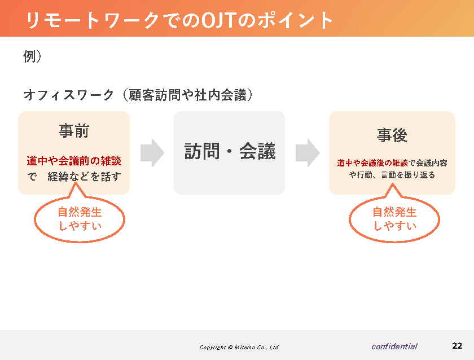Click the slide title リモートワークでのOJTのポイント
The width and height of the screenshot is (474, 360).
179,20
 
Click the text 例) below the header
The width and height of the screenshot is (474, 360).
32,56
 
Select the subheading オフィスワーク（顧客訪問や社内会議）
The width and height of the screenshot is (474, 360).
138,95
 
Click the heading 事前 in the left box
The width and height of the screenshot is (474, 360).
74,130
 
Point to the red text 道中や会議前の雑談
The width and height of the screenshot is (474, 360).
74,161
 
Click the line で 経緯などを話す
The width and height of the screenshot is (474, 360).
74,177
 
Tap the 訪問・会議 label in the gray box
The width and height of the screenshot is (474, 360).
230,151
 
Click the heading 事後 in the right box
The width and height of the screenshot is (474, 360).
392,135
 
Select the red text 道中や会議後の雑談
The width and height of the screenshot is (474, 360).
372,163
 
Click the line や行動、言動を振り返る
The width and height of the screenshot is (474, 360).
392,175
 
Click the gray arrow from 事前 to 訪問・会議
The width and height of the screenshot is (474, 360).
152,153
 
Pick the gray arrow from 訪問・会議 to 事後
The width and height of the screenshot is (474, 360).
308,153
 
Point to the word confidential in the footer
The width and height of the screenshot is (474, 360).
394,346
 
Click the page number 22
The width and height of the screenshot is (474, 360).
457,346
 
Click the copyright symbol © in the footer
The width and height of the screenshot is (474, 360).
230,348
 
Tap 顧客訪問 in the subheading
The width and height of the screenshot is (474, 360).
155,95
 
